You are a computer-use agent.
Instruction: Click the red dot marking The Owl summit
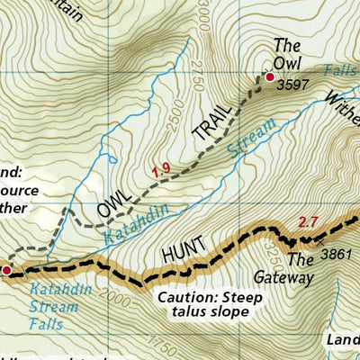269,78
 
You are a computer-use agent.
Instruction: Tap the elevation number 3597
294,85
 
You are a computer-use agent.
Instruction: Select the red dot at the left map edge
5,269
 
